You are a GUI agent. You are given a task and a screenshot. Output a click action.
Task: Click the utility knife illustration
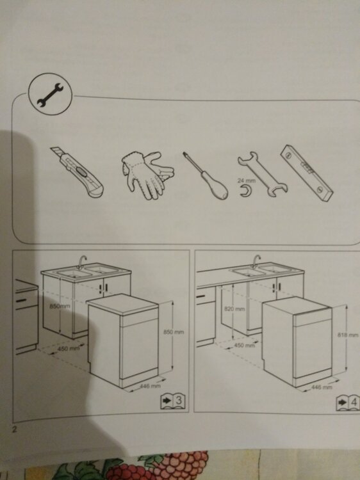pos(78,172)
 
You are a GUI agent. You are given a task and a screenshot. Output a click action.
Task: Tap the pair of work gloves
pos(148,175)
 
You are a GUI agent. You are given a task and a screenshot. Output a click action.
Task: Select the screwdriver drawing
pos(206,176)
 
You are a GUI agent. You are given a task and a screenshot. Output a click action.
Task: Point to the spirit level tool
pos(307,173)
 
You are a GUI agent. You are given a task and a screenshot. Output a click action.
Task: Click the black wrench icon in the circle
pos(50,95)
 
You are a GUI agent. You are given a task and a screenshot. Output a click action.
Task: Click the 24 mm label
pos(247,180)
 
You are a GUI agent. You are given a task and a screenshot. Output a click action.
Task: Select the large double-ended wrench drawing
pos(263,173)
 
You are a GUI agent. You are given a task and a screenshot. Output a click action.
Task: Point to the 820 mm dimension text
pos(234,309)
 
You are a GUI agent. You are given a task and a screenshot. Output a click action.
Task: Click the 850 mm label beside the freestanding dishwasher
pos(174,332)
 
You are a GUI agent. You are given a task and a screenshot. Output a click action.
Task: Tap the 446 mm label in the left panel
pos(150,386)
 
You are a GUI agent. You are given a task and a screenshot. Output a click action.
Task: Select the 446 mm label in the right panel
pos(322,387)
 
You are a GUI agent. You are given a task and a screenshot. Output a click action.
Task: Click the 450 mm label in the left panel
pos(69,348)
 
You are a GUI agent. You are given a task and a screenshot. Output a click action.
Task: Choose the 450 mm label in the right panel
pos(245,346)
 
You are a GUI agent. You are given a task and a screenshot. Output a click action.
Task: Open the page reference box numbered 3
pos(174,401)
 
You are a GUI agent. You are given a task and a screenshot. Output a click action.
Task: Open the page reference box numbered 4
pos(348,403)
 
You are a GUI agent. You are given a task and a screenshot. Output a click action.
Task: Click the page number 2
pos(14,429)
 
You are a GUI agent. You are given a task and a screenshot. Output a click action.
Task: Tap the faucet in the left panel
pos(81,262)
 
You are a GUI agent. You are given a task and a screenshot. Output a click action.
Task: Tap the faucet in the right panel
pos(256,261)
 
